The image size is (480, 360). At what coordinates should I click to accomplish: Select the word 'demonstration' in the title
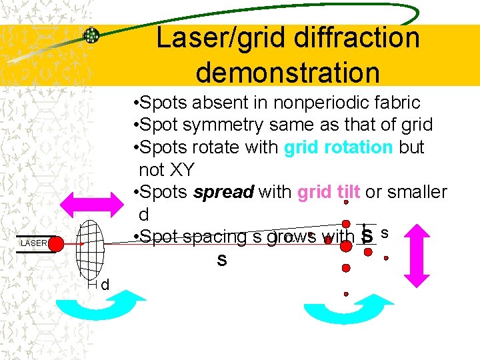point(288,71)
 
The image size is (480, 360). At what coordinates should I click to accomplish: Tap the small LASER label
point(33,243)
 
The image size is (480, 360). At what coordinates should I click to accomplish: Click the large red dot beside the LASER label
point(55,243)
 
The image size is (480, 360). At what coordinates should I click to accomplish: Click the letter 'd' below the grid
point(105,285)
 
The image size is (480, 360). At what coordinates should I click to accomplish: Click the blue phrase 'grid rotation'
point(338,147)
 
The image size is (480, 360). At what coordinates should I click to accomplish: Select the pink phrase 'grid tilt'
point(329,192)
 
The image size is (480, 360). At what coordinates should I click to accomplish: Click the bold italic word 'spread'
point(223,192)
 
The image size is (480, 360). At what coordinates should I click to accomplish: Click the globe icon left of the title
point(91,36)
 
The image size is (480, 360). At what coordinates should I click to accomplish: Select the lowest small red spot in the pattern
point(345,293)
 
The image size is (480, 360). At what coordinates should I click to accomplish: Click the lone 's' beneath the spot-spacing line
point(221,260)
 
